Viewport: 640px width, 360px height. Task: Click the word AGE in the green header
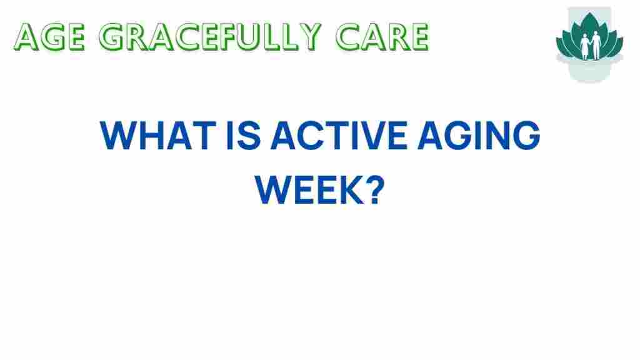[49, 37]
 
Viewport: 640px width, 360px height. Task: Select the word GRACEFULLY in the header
[210, 37]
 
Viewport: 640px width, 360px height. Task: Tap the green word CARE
[382, 37]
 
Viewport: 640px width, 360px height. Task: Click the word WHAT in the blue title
[157, 136]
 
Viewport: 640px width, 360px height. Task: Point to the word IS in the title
[243, 136]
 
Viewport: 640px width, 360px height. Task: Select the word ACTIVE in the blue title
[339, 136]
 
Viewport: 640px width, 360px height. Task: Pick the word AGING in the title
[479, 136]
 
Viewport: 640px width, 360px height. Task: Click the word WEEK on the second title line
[309, 190]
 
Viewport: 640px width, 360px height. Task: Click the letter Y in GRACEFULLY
[309, 37]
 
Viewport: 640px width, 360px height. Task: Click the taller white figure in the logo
[596, 45]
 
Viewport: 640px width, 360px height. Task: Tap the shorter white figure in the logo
[585, 47]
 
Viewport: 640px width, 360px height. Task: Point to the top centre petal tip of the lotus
[589, 12]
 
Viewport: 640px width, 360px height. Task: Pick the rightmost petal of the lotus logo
[617, 46]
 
